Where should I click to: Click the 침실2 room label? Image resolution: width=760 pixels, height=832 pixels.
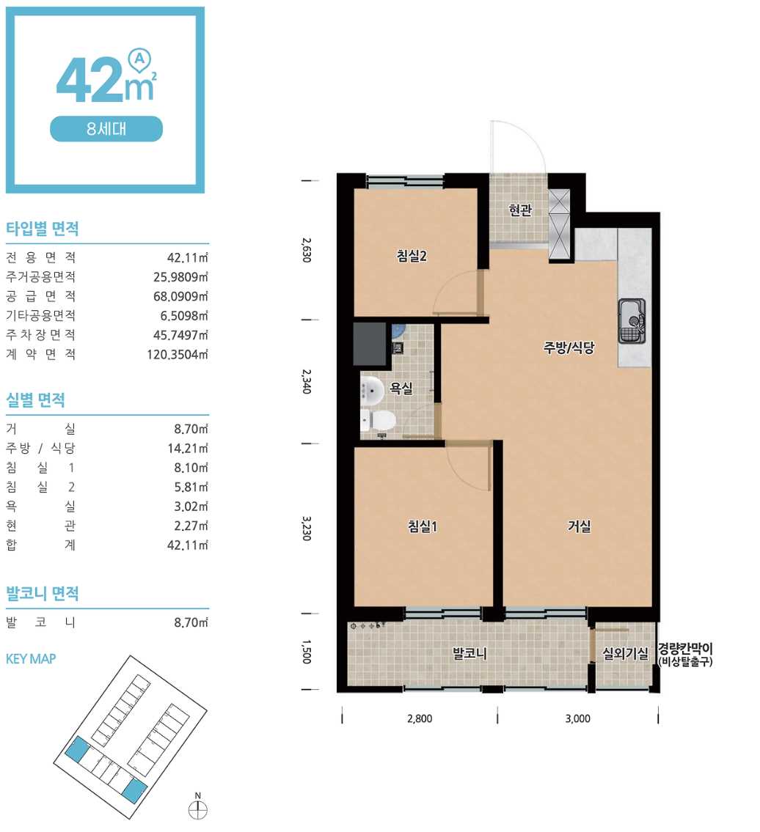pyautogui.click(x=412, y=257)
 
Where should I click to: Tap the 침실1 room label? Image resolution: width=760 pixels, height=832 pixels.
pyautogui.click(x=423, y=526)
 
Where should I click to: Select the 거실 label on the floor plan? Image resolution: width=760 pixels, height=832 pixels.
pyautogui.click(x=579, y=526)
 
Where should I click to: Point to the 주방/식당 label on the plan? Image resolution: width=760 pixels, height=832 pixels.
pyautogui.click(x=569, y=347)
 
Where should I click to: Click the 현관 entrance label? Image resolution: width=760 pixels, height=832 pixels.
pyautogui.click(x=520, y=210)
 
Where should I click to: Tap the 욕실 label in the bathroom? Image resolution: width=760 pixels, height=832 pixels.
pyautogui.click(x=401, y=388)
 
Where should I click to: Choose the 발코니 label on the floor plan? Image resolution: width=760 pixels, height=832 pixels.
pyautogui.click(x=469, y=653)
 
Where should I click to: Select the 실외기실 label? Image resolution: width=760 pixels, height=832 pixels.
pyautogui.click(x=625, y=653)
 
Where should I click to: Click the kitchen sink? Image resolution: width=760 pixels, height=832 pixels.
pyautogui.click(x=632, y=321)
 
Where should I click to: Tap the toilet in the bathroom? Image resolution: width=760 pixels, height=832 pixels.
pyautogui.click(x=378, y=421)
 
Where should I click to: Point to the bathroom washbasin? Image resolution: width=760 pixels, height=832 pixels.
pyautogui.click(x=372, y=390)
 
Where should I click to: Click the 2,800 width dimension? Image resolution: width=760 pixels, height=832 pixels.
pyautogui.click(x=420, y=718)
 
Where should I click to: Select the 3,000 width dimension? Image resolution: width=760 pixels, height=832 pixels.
pyautogui.click(x=578, y=718)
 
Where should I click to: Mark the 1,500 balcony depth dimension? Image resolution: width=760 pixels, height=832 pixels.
pyautogui.click(x=306, y=651)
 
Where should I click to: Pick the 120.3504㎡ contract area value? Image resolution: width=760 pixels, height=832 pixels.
pyautogui.click(x=178, y=355)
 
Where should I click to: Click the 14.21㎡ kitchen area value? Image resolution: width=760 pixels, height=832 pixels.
pyautogui.click(x=188, y=449)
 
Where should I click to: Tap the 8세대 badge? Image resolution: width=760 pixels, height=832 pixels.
pyautogui.click(x=106, y=129)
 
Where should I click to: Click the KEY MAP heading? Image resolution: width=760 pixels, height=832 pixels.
pyautogui.click(x=31, y=659)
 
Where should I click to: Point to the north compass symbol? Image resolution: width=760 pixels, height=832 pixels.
pyautogui.click(x=197, y=810)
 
